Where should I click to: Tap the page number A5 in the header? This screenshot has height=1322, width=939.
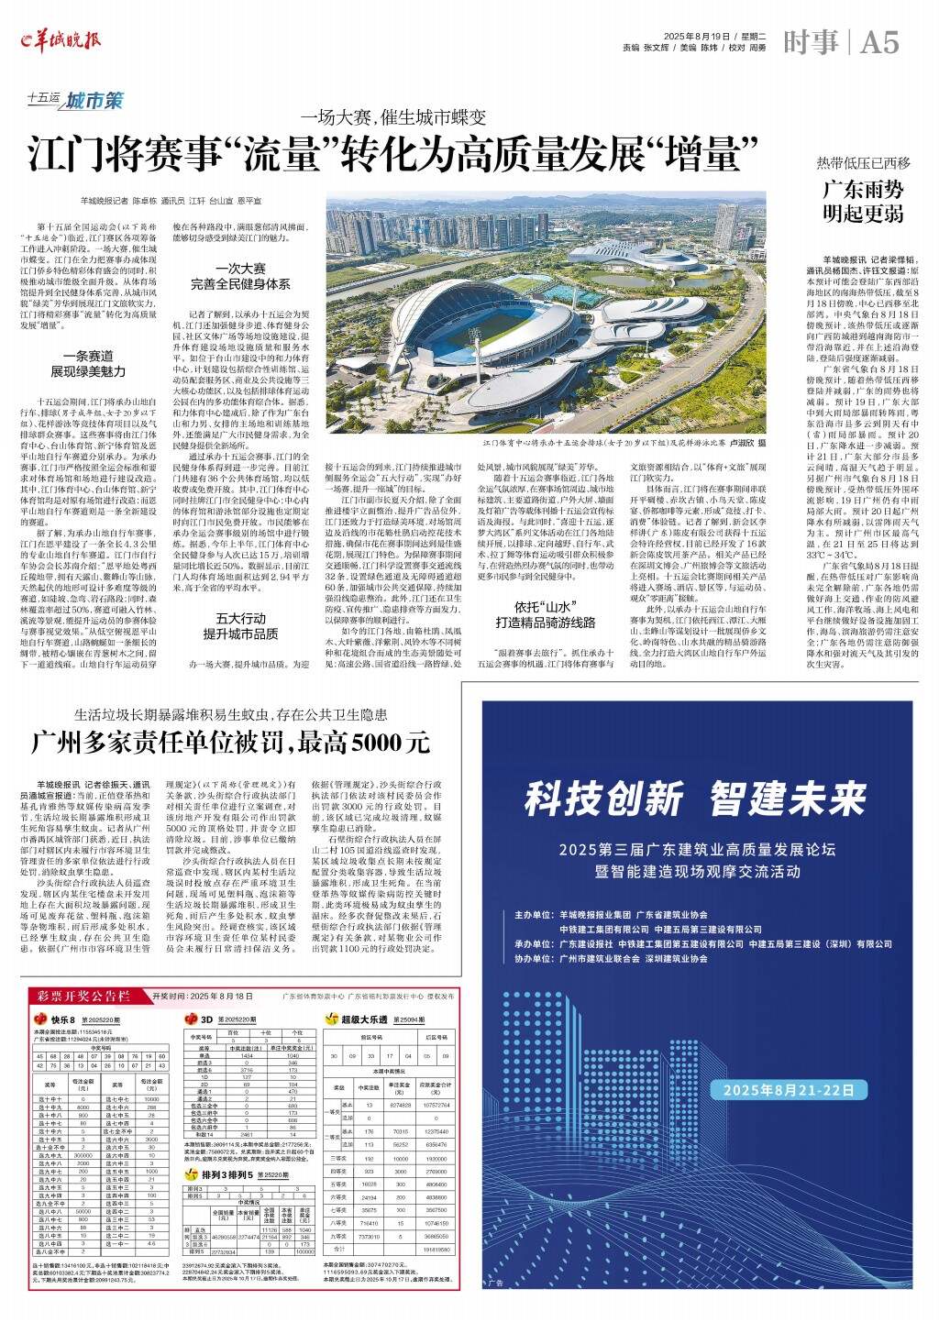(x=879, y=41)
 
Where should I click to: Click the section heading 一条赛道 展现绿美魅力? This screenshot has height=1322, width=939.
(x=88, y=364)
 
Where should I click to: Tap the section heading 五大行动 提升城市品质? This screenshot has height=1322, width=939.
(x=240, y=626)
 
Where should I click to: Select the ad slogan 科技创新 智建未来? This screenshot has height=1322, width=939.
(x=695, y=799)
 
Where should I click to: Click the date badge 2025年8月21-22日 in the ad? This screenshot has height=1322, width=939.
(x=794, y=1090)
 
